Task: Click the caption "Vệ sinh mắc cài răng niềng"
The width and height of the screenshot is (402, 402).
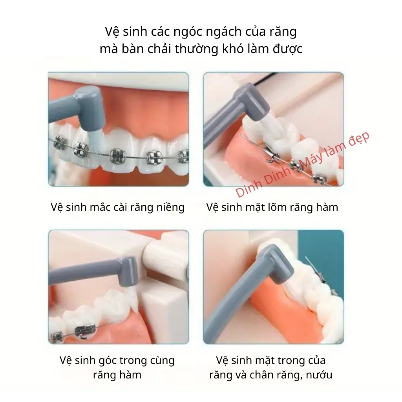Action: [118, 207]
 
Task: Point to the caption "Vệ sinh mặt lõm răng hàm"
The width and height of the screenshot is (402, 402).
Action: [272, 207]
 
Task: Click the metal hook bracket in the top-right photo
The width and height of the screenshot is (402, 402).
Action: [271, 155]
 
